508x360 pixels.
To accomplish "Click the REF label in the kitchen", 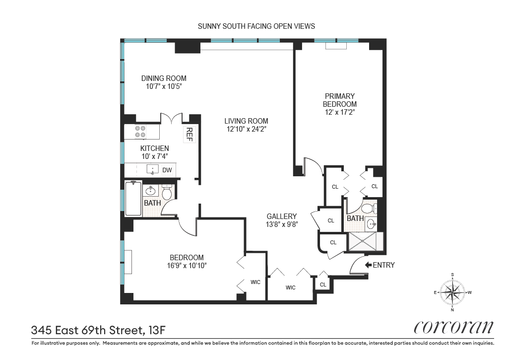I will pyautogui.click(x=189, y=134).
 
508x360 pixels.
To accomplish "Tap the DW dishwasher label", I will pyautogui.click(x=167, y=170).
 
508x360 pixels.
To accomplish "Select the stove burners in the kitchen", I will pyautogui.click(x=140, y=132).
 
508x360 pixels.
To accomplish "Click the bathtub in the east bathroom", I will pyautogui.click(x=133, y=199).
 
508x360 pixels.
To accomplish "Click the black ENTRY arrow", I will pyautogui.click(x=368, y=265).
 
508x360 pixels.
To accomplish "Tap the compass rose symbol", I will pyautogui.click(x=452, y=292).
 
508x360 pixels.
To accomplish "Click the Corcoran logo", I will pyautogui.click(x=453, y=327).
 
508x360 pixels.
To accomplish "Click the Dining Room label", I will pyautogui.click(x=164, y=78).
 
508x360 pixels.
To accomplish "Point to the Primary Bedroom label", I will pyautogui.click(x=340, y=100).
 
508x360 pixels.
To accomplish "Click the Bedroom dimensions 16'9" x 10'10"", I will pyautogui.click(x=187, y=266).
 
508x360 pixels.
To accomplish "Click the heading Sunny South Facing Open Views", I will pyautogui.click(x=256, y=26).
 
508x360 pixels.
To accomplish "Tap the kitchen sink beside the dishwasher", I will pyautogui.click(x=152, y=170).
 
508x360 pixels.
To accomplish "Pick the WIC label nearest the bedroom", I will pyautogui.click(x=255, y=282).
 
